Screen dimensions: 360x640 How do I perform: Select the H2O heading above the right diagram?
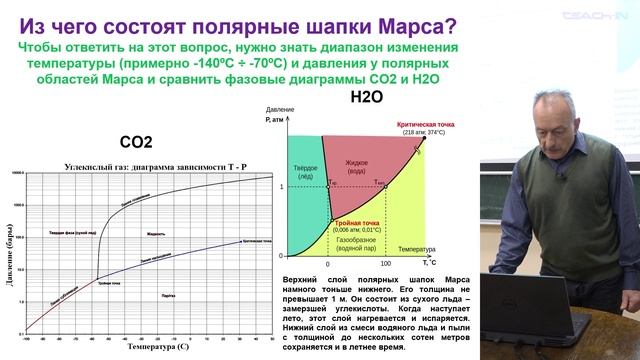point(366,98)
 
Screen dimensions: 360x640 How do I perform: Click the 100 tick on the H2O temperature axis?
point(385,263)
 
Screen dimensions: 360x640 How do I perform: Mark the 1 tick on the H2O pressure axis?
point(282,187)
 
